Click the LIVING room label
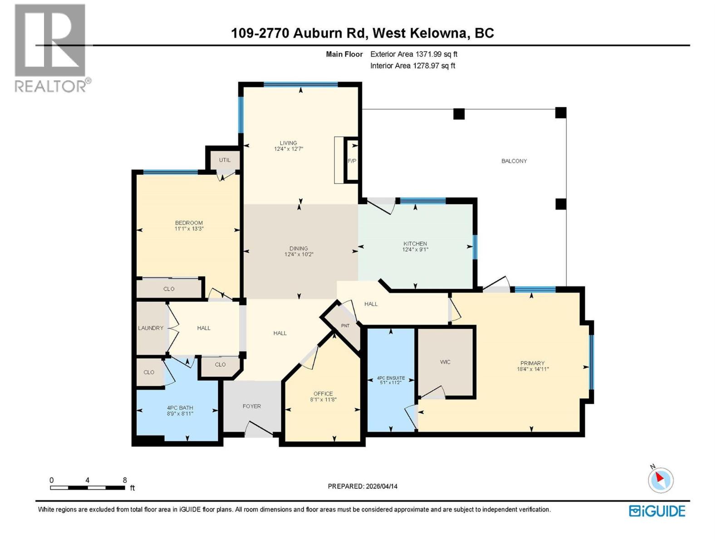[x=288, y=143]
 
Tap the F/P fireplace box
[x=352, y=161]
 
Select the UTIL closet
[x=225, y=160]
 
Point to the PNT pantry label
[x=345, y=326]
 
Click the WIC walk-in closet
[x=445, y=362]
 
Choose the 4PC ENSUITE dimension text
[x=390, y=383]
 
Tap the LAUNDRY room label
[x=151, y=328]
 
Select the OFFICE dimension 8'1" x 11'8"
[x=323, y=400]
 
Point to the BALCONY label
[x=514, y=161]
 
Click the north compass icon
[x=660, y=480]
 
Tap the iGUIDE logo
[x=657, y=511]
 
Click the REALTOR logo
[x=51, y=48]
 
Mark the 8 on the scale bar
[x=125, y=480]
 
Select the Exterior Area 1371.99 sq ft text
[x=413, y=54]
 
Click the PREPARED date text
[x=363, y=486]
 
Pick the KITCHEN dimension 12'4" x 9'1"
[x=415, y=249]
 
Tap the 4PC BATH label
[x=180, y=408]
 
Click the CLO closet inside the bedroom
[x=169, y=289]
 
